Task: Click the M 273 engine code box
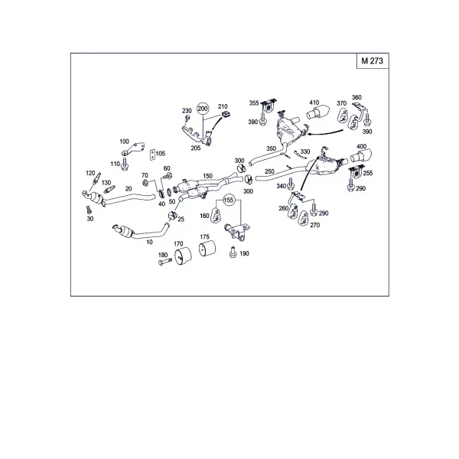coord(373,61)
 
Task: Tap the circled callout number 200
coord(203,109)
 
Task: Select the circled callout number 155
coord(229,200)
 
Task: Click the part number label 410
coord(314,103)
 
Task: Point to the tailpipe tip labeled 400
coord(361,155)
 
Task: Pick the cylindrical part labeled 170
coord(183,257)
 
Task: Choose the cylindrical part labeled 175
coord(207,249)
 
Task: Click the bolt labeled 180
coord(165,262)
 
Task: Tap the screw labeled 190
coord(233,252)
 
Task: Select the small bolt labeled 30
coord(89,210)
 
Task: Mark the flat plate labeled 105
coord(152,155)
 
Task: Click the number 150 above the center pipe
coord(207,176)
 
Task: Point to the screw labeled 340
coord(291,184)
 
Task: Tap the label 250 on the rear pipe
coord(269,171)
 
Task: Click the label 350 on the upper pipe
coord(272,148)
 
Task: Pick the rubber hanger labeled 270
coord(304,218)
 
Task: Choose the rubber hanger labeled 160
coord(216,214)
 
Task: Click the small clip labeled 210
coord(225,114)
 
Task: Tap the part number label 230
coord(187,111)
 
